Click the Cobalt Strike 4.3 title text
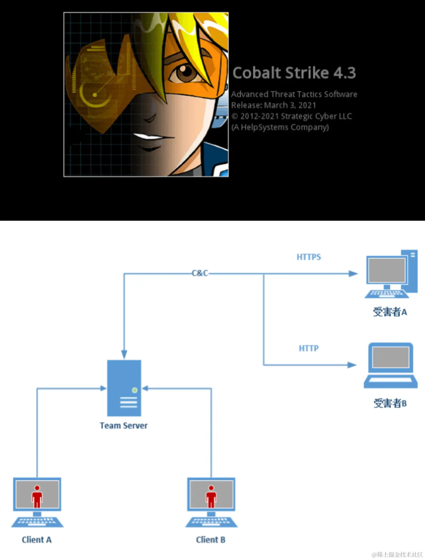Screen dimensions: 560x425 [294, 73]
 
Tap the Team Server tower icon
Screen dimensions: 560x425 [124, 388]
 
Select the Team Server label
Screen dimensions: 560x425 [123, 425]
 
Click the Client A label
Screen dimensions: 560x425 [37, 540]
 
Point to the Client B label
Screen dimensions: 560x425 [211, 540]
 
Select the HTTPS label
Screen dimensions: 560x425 [309, 257]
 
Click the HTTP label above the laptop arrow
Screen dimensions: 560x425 [309, 348]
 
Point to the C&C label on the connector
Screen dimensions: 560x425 [200, 273]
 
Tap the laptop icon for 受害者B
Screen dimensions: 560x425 [390, 366]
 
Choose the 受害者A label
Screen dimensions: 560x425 [390, 312]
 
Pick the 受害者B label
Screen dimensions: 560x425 [390, 403]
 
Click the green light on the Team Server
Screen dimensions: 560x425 [135, 390]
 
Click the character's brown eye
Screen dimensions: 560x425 [184, 72]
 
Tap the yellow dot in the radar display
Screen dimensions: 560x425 [95, 95]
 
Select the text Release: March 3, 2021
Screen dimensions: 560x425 [273, 105]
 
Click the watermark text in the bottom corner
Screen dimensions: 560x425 [397, 555]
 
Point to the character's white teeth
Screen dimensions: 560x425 [149, 137]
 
